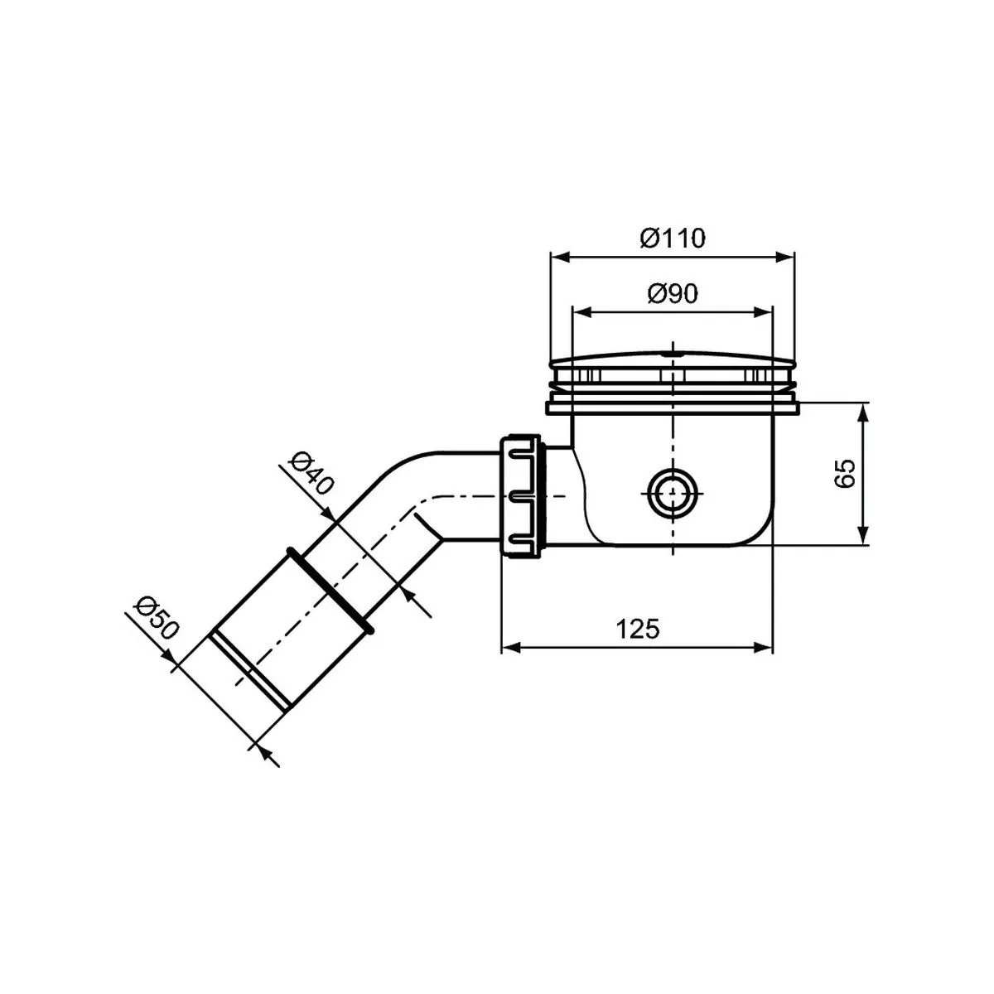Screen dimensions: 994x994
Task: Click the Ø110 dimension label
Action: tap(673, 239)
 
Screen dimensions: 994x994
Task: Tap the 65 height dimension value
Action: tap(846, 474)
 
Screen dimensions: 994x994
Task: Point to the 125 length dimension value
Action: tap(638, 630)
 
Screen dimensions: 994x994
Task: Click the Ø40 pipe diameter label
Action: tap(313, 474)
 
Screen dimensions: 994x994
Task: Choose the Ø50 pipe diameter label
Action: tap(157, 617)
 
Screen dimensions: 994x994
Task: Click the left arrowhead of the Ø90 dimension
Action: tap(581, 312)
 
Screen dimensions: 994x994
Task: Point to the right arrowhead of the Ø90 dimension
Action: tap(764, 312)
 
